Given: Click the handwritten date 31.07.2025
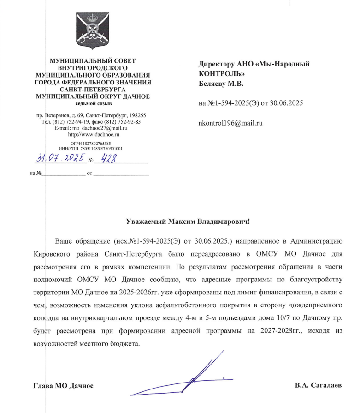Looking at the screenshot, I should (x=59, y=159).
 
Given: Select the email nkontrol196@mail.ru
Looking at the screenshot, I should (x=230, y=123).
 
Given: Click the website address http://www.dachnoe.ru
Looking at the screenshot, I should (x=94, y=134).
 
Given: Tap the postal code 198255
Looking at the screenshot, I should (x=136, y=115).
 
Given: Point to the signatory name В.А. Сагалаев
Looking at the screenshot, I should (x=319, y=385).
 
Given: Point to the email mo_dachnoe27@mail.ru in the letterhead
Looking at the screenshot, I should (x=98, y=128).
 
